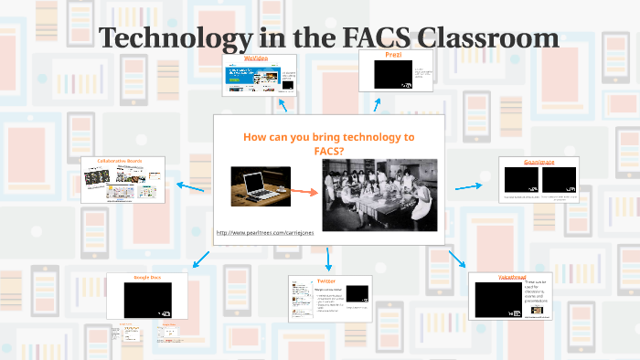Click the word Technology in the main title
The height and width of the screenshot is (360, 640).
coord(173,37)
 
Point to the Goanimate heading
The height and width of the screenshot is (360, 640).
coord(540,162)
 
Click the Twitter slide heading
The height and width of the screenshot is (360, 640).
coord(325,281)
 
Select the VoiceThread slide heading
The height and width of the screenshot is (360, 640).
coord(508,275)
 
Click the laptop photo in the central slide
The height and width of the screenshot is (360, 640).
coord(261,185)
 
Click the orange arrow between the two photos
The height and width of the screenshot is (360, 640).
coord(305,192)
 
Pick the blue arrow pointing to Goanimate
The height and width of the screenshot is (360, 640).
coord(468,186)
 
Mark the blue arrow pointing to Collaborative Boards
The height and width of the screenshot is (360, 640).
coord(190,186)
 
